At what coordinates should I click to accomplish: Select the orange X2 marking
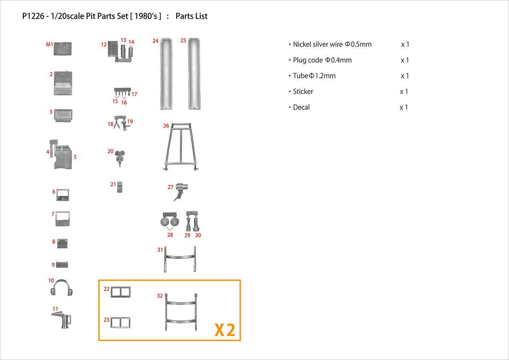tap(225, 330)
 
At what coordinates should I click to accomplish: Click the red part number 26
tap(166, 126)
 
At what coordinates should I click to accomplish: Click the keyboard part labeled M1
tap(63, 49)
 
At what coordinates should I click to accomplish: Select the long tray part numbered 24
tap(166, 73)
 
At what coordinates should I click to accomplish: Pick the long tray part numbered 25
tap(194, 73)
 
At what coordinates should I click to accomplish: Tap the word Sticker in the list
tap(303, 91)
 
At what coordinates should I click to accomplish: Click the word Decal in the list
tap(301, 107)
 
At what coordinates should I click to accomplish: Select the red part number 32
tap(160, 296)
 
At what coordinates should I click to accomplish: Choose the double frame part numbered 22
tap(121, 292)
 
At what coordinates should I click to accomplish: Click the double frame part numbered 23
tap(121, 323)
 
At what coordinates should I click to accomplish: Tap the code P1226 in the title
tap(33, 16)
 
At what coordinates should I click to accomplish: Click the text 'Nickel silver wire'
tap(318, 44)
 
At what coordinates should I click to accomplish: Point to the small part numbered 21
tap(120, 187)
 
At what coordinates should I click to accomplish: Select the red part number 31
tap(160, 250)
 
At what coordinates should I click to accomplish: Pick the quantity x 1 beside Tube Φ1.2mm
tap(405, 76)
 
